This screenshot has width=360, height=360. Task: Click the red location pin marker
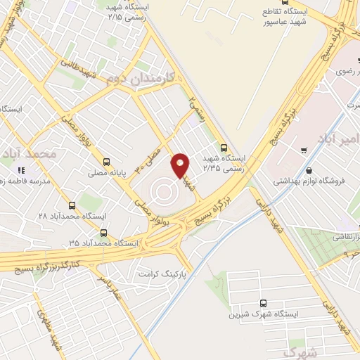(181, 165)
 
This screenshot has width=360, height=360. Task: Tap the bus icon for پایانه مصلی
(105, 161)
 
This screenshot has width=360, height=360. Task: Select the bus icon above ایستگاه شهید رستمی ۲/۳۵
(224, 148)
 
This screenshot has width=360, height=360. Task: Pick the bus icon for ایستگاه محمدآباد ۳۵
(104, 233)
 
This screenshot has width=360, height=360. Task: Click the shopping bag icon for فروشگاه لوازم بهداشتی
(310, 169)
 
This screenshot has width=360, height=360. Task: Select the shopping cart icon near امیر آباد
(303, 150)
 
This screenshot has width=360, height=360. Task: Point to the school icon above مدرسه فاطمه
(21, 170)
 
